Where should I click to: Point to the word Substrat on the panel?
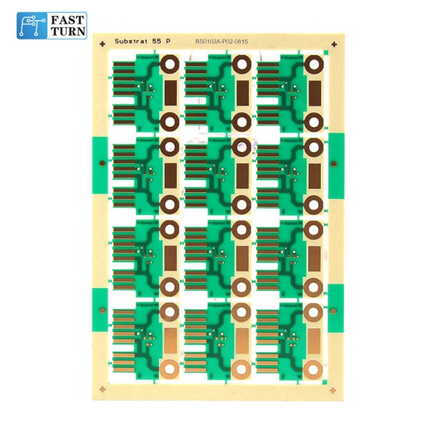(x=133, y=42)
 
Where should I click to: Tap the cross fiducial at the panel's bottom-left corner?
(x=104, y=389)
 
